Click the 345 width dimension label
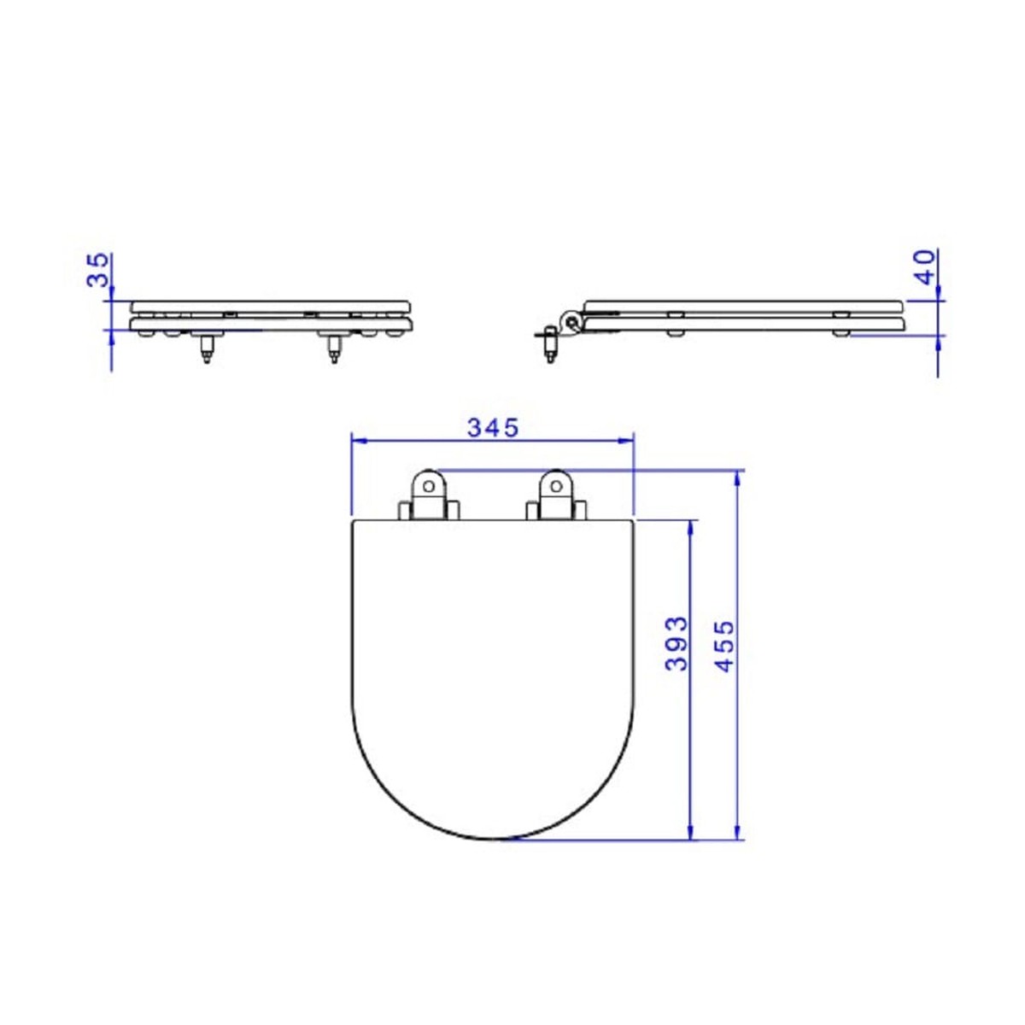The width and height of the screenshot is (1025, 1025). [x=493, y=428]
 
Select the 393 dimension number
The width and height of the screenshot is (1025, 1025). [x=677, y=644]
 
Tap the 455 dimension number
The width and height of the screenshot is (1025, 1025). [x=723, y=646]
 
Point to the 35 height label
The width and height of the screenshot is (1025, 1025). [x=98, y=270]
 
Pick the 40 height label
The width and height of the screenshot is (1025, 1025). [x=926, y=267]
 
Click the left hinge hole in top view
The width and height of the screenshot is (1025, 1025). [x=429, y=486]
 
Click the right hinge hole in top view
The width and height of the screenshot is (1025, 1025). [x=556, y=486]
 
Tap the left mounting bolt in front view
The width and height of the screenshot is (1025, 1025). [x=207, y=349]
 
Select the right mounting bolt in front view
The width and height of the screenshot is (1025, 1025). [x=334, y=349]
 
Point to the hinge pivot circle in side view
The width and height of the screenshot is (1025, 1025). [x=572, y=321]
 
